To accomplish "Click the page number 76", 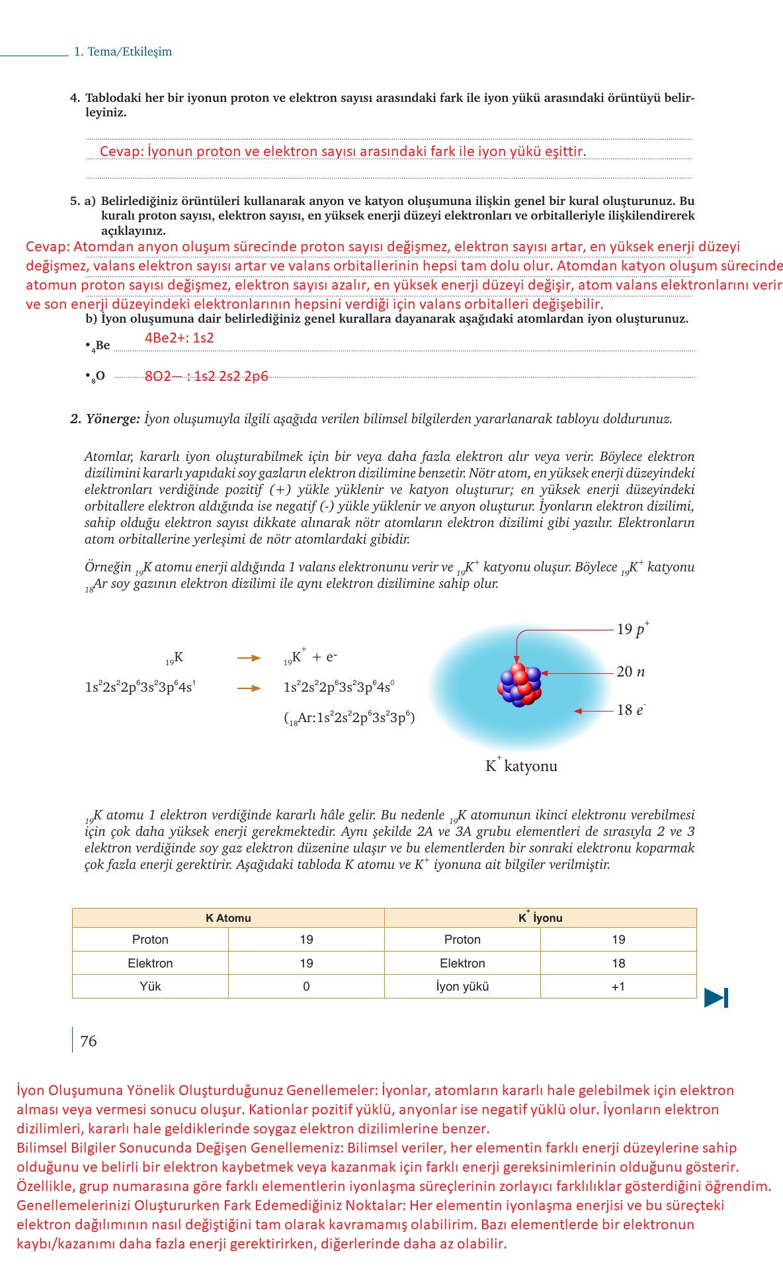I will click(x=88, y=1041).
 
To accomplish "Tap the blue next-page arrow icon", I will click(x=716, y=997).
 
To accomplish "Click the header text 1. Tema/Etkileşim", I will click(x=122, y=52).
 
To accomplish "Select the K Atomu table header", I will click(x=228, y=918).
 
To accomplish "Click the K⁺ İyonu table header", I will click(x=540, y=918).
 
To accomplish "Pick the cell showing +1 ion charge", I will click(x=618, y=987).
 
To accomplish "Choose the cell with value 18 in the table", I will click(x=618, y=963).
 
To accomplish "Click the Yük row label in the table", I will click(x=150, y=987).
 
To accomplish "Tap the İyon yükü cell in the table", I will click(x=462, y=987).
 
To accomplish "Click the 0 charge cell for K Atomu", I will click(x=306, y=987).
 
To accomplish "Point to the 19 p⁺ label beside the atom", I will click(x=633, y=629).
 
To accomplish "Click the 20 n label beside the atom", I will click(x=630, y=672).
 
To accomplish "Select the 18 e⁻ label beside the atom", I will click(x=630, y=710).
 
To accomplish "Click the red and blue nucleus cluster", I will click(x=520, y=684).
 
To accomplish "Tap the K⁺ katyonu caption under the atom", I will click(x=521, y=766).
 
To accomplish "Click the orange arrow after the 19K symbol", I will click(x=249, y=658).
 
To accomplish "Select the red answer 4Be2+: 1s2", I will click(x=179, y=338).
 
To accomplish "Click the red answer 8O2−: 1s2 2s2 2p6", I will click(x=206, y=376).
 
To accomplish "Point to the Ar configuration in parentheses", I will click(x=349, y=718).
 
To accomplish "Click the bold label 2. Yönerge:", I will click(x=105, y=419).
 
